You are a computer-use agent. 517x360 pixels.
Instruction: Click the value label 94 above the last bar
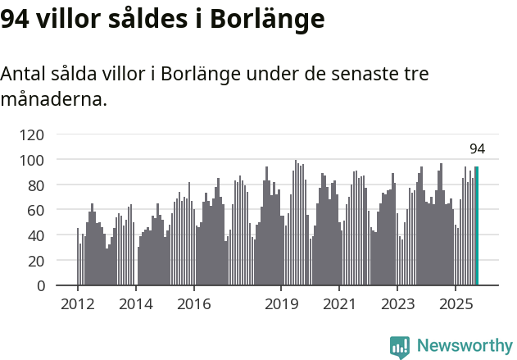point(477,148)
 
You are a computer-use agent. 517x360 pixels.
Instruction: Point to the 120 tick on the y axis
point(34,134)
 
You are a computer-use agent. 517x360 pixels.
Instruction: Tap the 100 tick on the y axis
point(34,159)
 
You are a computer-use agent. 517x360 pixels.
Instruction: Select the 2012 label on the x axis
point(78,304)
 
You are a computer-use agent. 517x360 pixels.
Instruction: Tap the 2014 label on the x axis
point(136,304)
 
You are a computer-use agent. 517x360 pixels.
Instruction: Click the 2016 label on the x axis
point(193,304)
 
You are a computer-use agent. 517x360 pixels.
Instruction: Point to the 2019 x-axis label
point(281,304)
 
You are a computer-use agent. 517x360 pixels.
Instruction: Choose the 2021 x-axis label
point(338,304)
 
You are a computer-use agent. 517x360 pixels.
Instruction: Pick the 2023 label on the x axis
point(397,304)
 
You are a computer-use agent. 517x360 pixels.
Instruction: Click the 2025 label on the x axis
point(455,304)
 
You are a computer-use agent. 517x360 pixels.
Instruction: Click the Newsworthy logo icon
point(400,347)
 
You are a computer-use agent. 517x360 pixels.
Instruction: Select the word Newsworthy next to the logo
point(464,346)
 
